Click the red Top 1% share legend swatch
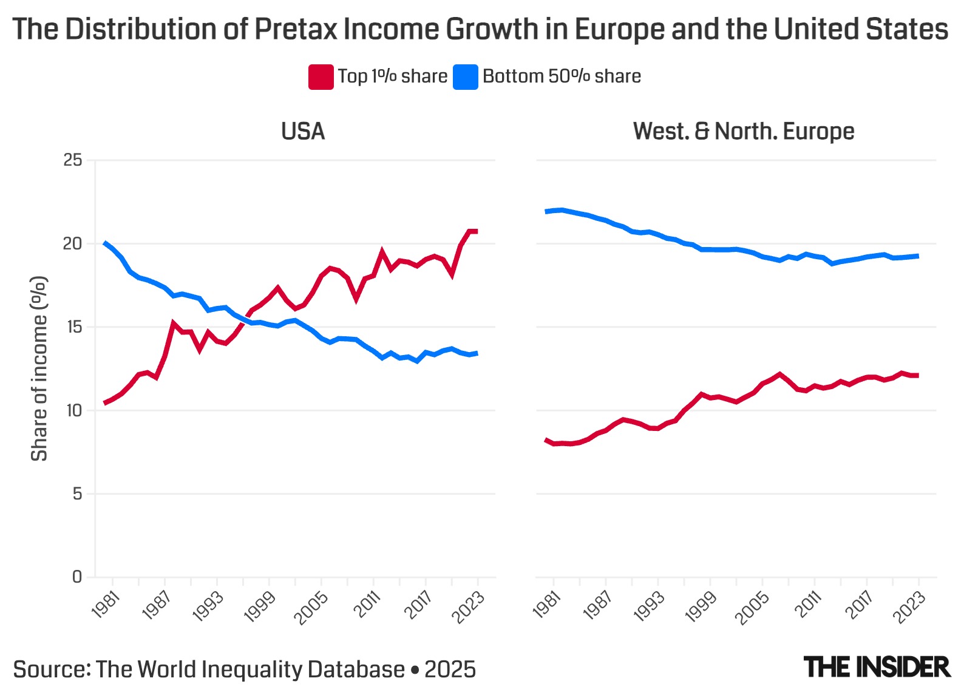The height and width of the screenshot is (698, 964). [x=321, y=77]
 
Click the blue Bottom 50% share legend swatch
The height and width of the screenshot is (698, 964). [x=466, y=77]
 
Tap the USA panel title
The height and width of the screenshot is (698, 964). [x=303, y=131]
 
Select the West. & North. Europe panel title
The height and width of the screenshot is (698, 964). [x=743, y=131]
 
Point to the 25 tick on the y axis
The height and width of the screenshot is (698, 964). [x=73, y=160]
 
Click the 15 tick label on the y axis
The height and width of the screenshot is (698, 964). [x=73, y=327]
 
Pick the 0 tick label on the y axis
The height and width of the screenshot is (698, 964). [x=77, y=577]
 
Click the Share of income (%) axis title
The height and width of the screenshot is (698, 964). [x=39, y=368]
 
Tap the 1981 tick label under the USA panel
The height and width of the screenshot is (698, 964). [x=106, y=605]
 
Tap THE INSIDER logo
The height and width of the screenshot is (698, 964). [x=877, y=667]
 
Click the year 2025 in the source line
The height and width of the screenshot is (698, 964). [x=450, y=669]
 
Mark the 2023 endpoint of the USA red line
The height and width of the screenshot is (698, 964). [x=477, y=231]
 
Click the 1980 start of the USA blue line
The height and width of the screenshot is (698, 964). [x=105, y=243]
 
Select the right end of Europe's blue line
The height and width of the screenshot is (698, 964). [x=917, y=256]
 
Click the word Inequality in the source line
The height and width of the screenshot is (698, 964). [x=251, y=669]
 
